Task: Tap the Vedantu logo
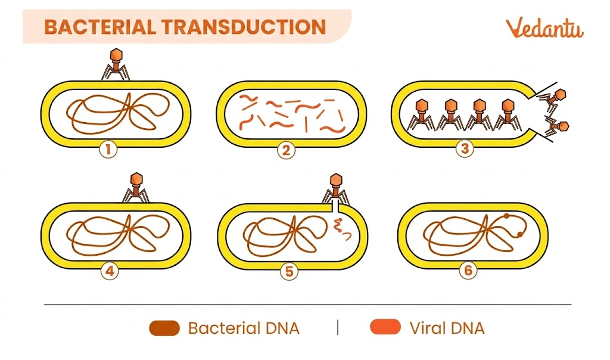pyautogui.click(x=544, y=28)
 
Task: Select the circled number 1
pyautogui.click(x=108, y=149)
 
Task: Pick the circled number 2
pyautogui.click(x=287, y=149)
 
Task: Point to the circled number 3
pyautogui.click(x=465, y=148)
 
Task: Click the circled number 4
pyautogui.click(x=110, y=272)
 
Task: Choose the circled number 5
pyautogui.click(x=288, y=272)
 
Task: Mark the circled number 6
pyautogui.click(x=468, y=271)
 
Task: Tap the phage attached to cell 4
pyautogui.click(x=136, y=187)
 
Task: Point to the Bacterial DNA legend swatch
pyautogui.click(x=164, y=328)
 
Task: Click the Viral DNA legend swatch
pyautogui.click(x=385, y=328)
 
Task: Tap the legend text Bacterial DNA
pyautogui.click(x=243, y=328)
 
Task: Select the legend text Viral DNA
pyautogui.click(x=447, y=328)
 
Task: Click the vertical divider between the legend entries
pyautogui.click(x=338, y=327)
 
